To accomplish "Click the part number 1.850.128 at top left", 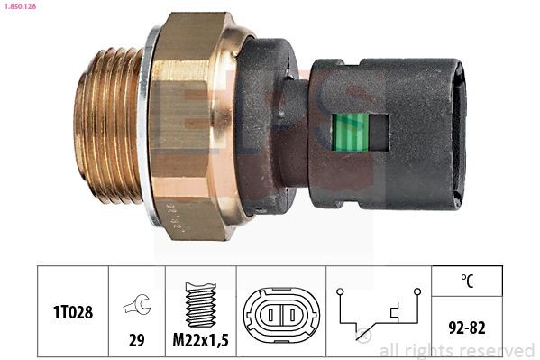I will [x=20, y=6].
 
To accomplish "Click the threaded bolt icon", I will [x=200, y=302].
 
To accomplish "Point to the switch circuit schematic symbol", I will [x=379, y=313].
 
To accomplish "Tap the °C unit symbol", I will [x=467, y=281].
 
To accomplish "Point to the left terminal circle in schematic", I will [x=340, y=291].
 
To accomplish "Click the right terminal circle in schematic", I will [x=417, y=291].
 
